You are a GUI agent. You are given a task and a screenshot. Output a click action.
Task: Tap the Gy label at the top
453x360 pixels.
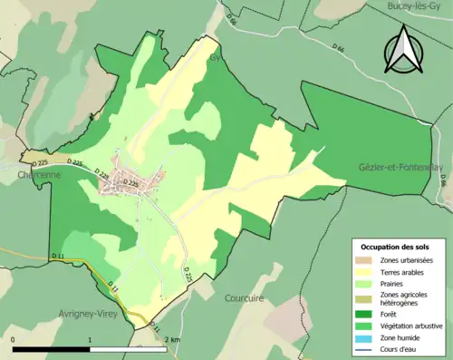216,57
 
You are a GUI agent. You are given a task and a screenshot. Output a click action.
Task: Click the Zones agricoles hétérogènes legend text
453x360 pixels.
405,297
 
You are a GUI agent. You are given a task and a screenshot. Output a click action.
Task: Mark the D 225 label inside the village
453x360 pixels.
131,183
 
